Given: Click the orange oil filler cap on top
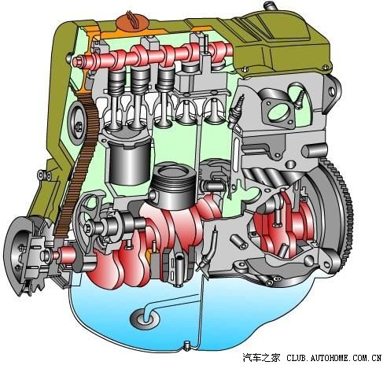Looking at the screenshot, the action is click(131, 22).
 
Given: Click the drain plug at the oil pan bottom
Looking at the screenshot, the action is click(187, 345).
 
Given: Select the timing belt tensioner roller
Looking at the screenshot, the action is click(76, 123).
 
